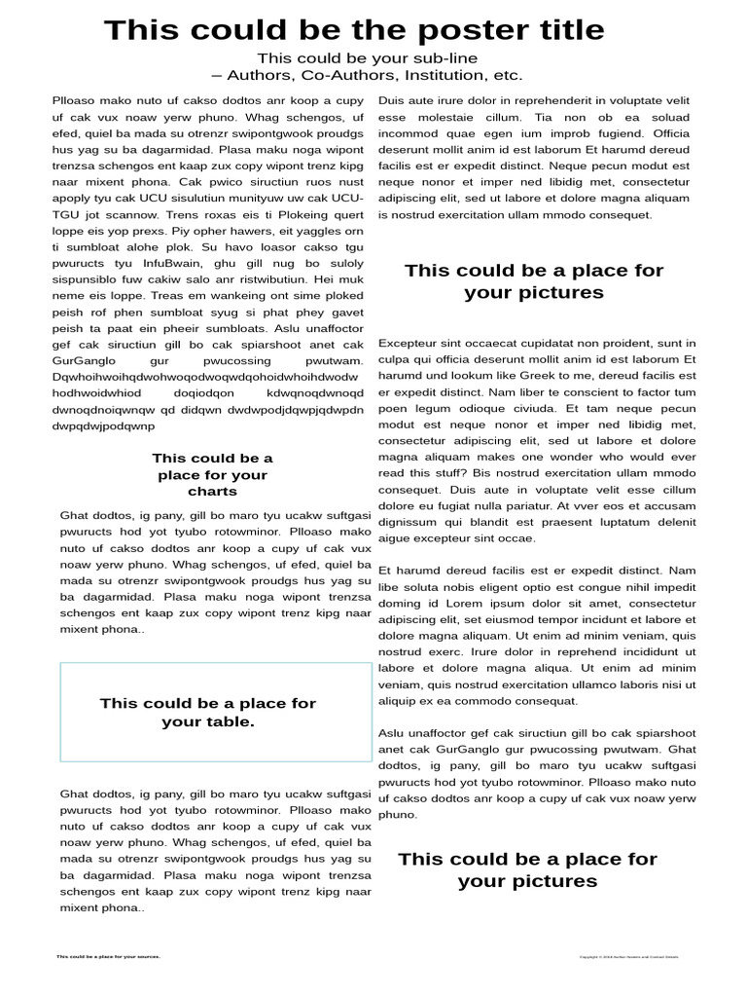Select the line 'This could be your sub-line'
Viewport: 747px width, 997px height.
367,58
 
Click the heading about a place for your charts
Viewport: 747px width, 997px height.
212,475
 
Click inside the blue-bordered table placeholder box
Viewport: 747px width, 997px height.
215,713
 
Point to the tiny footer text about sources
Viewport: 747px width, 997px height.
108,956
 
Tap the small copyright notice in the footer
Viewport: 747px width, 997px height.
628,957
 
